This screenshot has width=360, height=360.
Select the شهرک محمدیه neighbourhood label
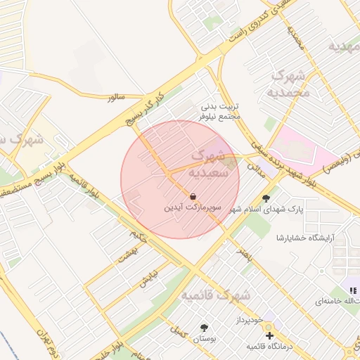(290, 84)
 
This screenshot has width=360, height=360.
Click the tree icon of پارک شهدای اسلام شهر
(266, 198)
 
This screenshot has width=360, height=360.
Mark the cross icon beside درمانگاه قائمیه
(269, 335)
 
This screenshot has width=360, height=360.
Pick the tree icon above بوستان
(205, 328)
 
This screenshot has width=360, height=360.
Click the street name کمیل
(181, 333)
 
